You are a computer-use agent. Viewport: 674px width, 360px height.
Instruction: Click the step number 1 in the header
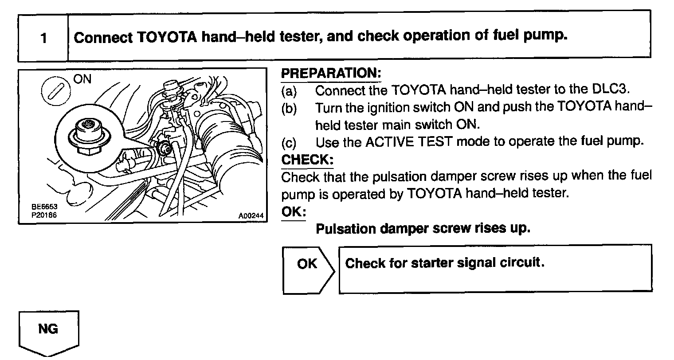tap(43, 38)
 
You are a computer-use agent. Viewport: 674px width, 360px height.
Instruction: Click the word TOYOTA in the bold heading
tap(167, 37)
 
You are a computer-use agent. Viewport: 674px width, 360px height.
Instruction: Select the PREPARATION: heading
tap(331, 74)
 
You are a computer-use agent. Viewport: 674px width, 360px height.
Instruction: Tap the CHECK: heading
tap(307, 159)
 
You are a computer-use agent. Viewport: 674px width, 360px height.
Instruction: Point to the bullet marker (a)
tap(289, 91)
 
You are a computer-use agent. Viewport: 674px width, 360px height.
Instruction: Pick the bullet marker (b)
tap(289, 108)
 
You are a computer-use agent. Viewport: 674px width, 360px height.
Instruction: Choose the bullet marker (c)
tap(289, 143)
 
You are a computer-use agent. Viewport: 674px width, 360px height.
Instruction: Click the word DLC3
tap(611, 90)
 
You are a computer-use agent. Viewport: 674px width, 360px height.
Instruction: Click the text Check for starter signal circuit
tap(444, 263)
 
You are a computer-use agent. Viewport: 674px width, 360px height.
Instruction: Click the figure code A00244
tap(251, 216)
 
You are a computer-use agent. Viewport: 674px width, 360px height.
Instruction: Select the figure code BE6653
tap(44, 207)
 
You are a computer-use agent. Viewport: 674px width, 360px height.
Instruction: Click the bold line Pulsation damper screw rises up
tap(423, 229)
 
